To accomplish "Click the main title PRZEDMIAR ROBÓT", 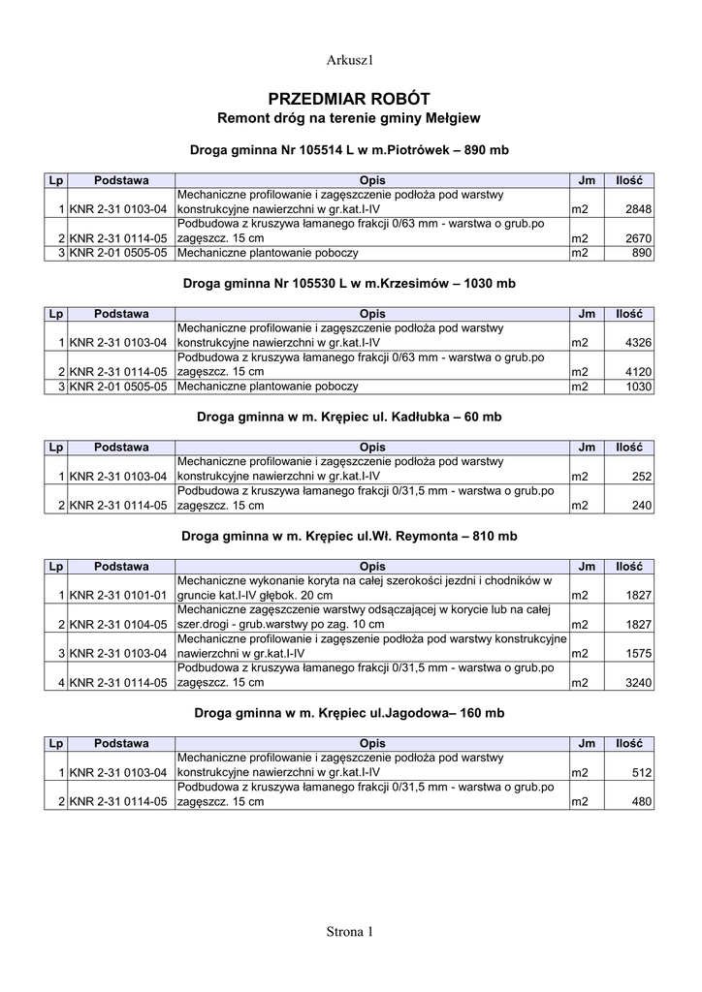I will (x=349, y=99).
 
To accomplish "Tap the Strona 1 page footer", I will (x=349, y=932).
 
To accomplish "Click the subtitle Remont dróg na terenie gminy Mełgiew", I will (x=349, y=118).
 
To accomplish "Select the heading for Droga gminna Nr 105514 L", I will (x=349, y=151).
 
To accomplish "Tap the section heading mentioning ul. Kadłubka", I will (x=349, y=417).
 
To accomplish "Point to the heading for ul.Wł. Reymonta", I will (x=349, y=536).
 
